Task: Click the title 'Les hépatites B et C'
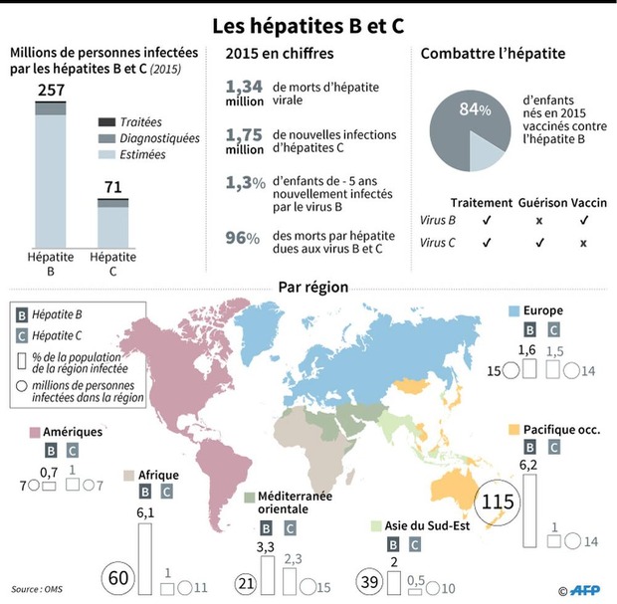coord(308,26)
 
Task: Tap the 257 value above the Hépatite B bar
coord(51,91)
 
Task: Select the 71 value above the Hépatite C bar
coord(112,187)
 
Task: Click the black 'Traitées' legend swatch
coord(106,122)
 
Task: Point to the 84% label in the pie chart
coord(475,109)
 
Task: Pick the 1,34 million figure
coord(245,93)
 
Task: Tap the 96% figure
coord(243,238)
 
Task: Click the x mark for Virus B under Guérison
coord(539,221)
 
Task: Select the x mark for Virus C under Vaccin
coord(583,244)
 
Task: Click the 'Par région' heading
coord(313,287)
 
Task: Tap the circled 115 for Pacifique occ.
coord(498,503)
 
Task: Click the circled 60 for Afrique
coord(118,578)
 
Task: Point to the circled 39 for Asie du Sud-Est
coord(369,581)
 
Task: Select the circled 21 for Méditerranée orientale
coord(247,583)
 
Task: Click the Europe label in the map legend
coord(543,310)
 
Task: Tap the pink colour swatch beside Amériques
coord(35,433)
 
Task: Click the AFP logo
coord(585,590)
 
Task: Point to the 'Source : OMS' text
coord(37,589)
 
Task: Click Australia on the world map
coord(455,490)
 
